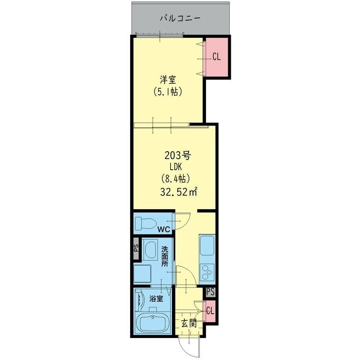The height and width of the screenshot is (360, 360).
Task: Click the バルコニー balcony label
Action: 181,18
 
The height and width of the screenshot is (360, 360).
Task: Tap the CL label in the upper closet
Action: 216,57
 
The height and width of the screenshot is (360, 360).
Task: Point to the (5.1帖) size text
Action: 167,91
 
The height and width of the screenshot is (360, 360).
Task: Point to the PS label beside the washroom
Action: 136,248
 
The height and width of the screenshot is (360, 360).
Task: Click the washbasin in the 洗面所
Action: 150,250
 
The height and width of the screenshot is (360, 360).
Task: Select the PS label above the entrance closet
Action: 210,292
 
